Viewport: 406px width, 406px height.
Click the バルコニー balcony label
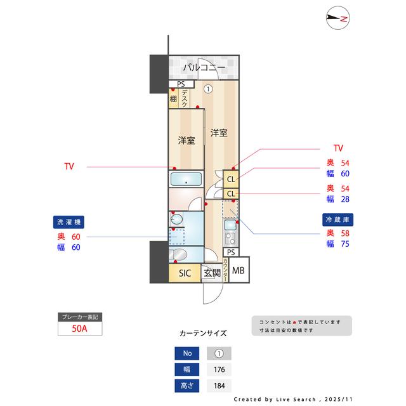click(204, 67)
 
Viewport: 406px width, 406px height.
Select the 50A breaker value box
click(79, 329)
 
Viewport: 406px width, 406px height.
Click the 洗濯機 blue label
click(69, 222)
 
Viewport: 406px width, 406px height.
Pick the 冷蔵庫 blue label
click(336, 218)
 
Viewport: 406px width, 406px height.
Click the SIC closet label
click(185, 273)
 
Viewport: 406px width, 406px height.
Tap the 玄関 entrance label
click(211, 273)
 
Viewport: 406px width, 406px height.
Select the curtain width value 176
click(219, 370)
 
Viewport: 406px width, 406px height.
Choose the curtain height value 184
click(219, 386)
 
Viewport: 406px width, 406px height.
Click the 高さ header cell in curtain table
click(187, 386)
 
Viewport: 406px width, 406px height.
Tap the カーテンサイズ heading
click(202, 333)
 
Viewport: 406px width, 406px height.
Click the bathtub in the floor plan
click(185, 180)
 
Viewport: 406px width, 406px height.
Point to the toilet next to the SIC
click(178, 255)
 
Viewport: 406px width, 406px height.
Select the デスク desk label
click(184, 98)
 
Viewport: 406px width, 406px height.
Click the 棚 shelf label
click(173, 99)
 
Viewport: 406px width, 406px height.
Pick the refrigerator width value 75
click(346, 244)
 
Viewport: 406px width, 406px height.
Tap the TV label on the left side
click(69, 167)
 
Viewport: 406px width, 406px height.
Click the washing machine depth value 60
click(76, 237)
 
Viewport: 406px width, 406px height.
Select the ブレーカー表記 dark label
click(79, 317)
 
